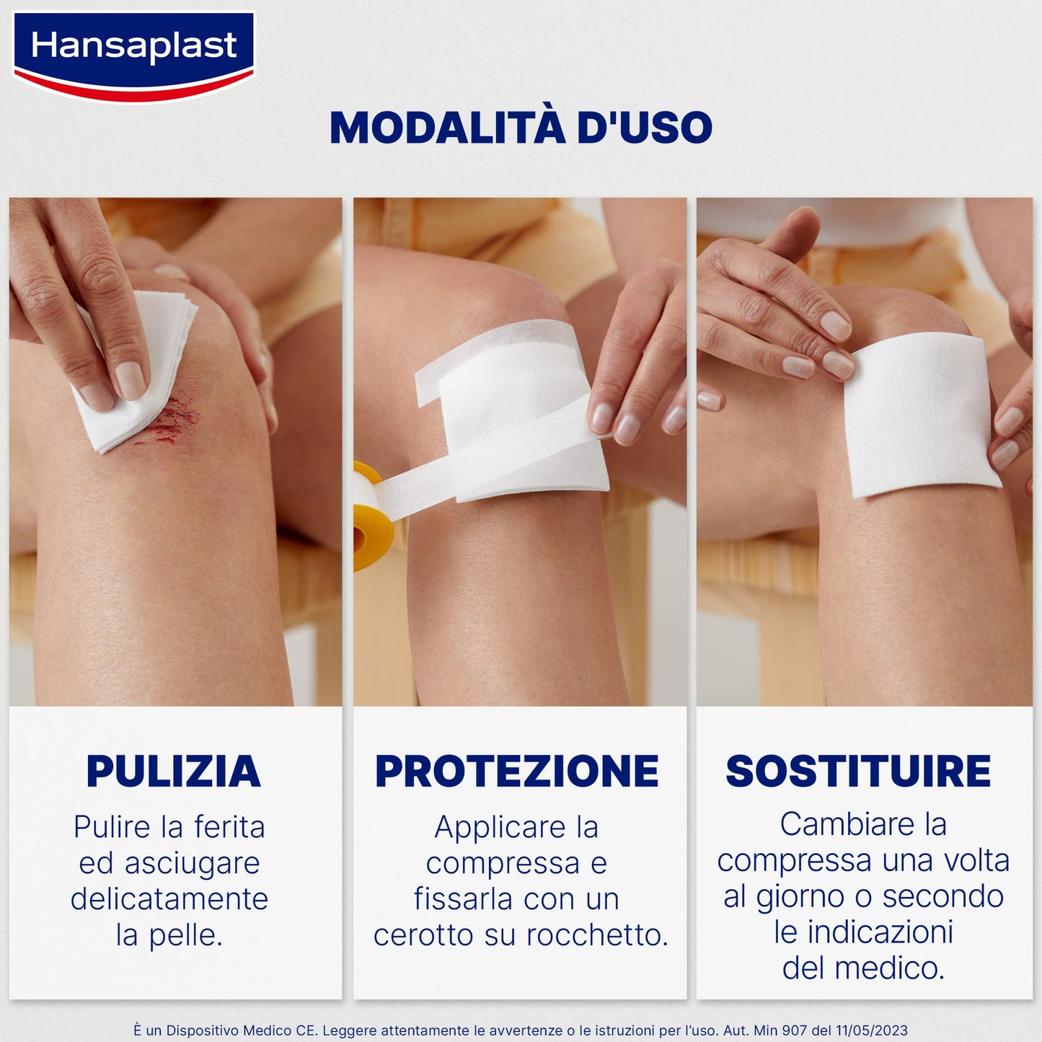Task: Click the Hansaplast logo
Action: point(134,55)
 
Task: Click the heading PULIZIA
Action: point(173,771)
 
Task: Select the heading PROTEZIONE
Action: point(517,771)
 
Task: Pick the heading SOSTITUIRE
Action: point(858,771)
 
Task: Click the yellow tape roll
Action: point(372,515)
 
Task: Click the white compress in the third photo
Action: point(919,415)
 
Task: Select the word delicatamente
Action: point(169,899)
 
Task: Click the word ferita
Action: point(229,827)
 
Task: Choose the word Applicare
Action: point(500,827)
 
